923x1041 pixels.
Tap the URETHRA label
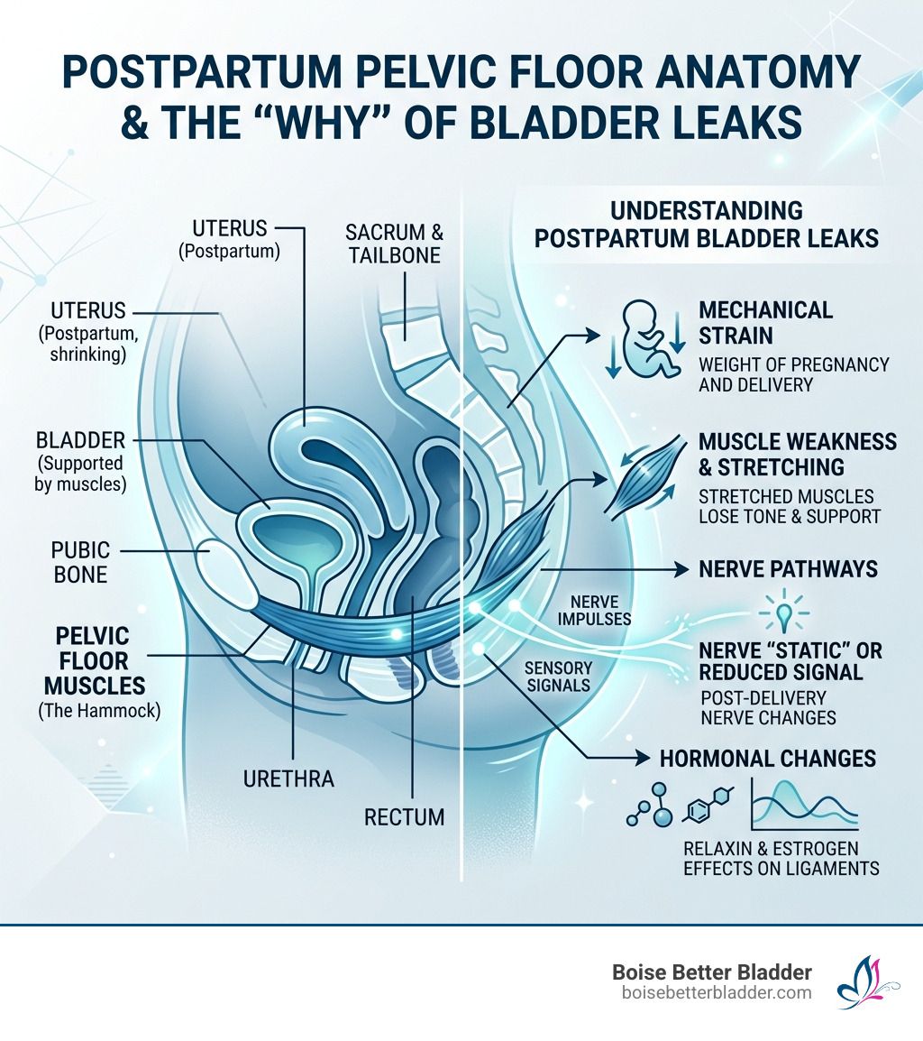[x=288, y=778]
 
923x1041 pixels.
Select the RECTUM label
[x=405, y=817]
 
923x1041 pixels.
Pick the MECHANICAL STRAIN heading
[x=766, y=323]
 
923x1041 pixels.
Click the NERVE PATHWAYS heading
[x=775, y=570]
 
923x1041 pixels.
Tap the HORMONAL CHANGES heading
[x=768, y=758]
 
